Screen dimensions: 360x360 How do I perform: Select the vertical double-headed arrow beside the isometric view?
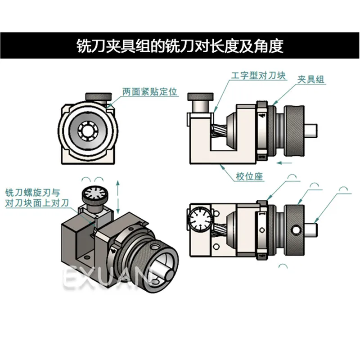[x=118, y=197]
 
